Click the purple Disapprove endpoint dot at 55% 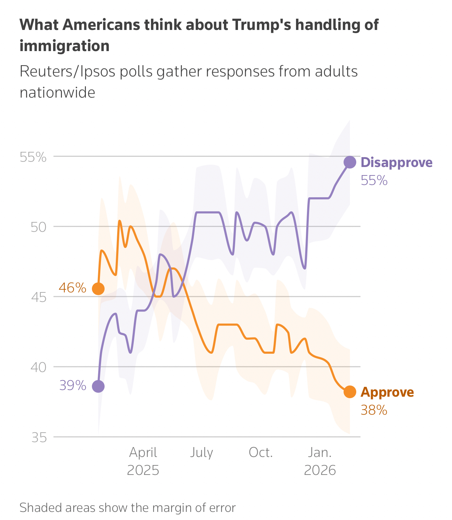click(x=350, y=162)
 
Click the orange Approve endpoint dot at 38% click(x=350, y=392)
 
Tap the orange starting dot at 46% click(x=98, y=289)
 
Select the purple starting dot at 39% click(x=98, y=386)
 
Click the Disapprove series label click(x=397, y=163)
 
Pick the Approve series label click(x=387, y=392)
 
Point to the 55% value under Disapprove click(x=374, y=181)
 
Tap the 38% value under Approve click(x=374, y=410)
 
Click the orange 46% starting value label click(x=73, y=288)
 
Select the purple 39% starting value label click(x=73, y=386)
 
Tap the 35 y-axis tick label click(x=39, y=438)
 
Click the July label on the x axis click(x=202, y=453)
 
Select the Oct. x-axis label click(x=261, y=453)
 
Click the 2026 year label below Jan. click(x=320, y=471)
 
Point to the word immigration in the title click(x=64, y=46)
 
